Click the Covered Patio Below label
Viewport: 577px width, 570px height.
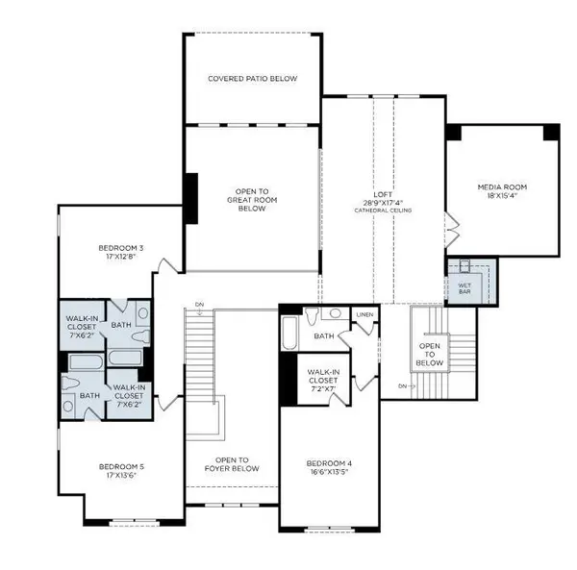(x=253, y=78)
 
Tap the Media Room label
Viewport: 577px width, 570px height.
(x=502, y=186)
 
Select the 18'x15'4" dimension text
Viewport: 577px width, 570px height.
(x=502, y=196)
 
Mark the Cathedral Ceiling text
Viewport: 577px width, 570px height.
(x=384, y=211)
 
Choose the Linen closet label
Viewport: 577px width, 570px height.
(x=364, y=314)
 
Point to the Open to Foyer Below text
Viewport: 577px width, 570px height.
(x=232, y=464)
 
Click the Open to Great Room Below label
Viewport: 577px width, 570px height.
(x=251, y=199)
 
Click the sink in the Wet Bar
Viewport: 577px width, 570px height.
(x=464, y=268)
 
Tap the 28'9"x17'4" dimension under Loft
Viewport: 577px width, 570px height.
(x=384, y=203)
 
